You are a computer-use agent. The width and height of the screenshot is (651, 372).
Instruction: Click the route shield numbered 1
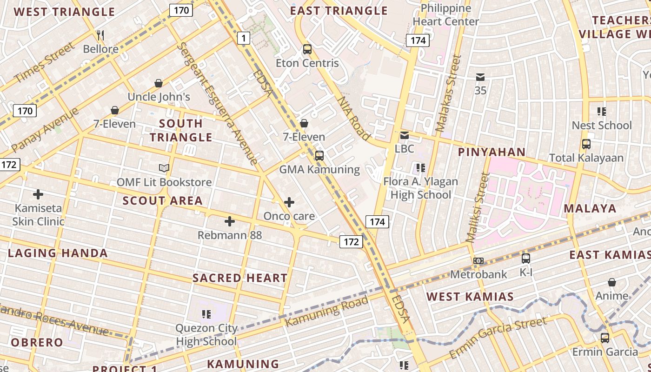tap(244, 38)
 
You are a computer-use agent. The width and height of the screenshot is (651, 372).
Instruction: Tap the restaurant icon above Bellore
tap(100, 35)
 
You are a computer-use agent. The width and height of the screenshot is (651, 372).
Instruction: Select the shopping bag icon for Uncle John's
tap(159, 83)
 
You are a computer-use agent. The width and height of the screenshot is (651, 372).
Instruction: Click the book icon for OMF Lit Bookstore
tap(164, 168)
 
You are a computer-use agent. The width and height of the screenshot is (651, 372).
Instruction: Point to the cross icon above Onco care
tap(289, 202)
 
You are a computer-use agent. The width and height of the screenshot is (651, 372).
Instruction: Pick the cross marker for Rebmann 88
tap(230, 221)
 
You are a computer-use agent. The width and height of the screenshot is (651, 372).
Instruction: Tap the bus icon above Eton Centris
tap(307, 49)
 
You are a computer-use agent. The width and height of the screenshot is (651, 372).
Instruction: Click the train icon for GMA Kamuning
tap(319, 155)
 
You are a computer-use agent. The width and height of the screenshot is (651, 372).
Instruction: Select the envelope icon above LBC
tap(405, 135)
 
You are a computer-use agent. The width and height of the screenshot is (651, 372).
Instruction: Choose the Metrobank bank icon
tap(478, 261)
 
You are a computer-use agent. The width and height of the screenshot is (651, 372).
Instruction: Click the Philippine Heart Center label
tap(445, 15)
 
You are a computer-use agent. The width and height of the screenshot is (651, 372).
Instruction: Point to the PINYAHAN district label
tap(492, 152)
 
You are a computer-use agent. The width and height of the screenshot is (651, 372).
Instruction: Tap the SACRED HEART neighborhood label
tap(240, 278)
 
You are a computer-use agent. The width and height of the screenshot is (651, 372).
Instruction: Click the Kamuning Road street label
tap(326, 311)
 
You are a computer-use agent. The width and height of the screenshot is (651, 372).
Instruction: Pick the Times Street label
tap(44, 63)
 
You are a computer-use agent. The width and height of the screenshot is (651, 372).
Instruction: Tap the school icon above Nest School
tap(602, 112)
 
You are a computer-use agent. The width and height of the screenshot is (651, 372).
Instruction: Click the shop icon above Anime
tap(612, 282)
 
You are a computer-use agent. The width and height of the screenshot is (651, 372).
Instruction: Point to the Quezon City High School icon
tap(206, 314)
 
